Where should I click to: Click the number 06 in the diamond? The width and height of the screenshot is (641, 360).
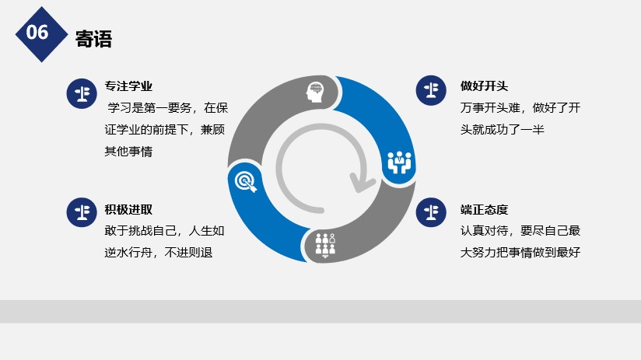pyautogui.click(x=37, y=33)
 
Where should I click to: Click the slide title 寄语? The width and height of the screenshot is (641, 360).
pyautogui.click(x=93, y=39)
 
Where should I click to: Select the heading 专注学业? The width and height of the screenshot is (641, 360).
pyautogui.click(x=128, y=86)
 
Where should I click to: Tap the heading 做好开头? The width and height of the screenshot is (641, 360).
pyautogui.click(x=484, y=86)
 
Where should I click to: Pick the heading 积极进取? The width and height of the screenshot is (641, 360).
pyautogui.click(x=128, y=210)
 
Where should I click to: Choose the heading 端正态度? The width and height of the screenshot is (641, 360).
pyautogui.click(x=484, y=210)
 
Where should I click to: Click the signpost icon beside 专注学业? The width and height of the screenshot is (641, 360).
pyautogui.click(x=82, y=93)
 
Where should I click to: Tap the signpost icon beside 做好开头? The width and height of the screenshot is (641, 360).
pyautogui.click(x=431, y=90)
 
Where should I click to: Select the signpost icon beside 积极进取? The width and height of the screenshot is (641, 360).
pyautogui.click(x=82, y=212)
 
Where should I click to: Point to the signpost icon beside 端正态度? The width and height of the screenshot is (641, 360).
pyautogui.click(x=431, y=212)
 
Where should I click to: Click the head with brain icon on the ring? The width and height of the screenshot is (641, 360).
pyautogui.click(x=315, y=92)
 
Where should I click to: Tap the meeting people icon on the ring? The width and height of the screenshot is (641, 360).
pyautogui.click(x=399, y=163)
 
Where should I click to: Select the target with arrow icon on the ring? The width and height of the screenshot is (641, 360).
pyautogui.click(x=246, y=182)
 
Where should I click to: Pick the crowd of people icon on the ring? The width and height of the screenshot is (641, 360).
pyautogui.click(x=325, y=245)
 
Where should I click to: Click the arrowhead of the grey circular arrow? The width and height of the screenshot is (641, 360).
pyautogui.click(x=362, y=183)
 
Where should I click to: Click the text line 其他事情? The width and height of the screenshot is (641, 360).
pyautogui.click(x=128, y=152)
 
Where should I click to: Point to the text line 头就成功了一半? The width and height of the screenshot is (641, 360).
pyautogui.click(x=502, y=130)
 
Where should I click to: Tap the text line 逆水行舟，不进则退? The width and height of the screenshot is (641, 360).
pyautogui.click(x=158, y=253)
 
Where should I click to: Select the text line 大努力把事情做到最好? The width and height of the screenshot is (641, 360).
pyautogui.click(x=520, y=253)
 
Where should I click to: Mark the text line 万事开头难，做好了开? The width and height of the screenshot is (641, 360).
pyautogui.click(x=520, y=108)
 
